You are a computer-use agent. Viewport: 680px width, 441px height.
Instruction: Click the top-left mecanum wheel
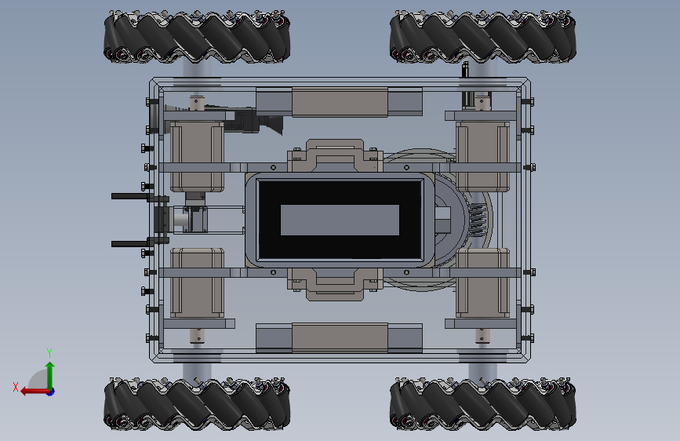[x=197, y=37]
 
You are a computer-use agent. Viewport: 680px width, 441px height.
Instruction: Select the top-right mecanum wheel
[x=482, y=37]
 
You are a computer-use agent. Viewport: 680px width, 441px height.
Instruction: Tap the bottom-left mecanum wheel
[x=197, y=403]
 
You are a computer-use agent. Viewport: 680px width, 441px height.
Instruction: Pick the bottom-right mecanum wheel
[x=482, y=403]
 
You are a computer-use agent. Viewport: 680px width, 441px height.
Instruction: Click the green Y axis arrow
[x=50, y=376]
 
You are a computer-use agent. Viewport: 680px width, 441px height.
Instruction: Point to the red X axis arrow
[x=35, y=392]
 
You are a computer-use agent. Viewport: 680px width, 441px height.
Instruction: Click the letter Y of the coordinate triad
[x=49, y=352]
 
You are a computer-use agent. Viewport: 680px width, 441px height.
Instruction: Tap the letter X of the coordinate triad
[x=16, y=387]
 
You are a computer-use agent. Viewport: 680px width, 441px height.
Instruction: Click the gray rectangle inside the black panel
[x=340, y=220]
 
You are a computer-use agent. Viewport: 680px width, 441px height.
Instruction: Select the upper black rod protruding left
[x=131, y=196]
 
